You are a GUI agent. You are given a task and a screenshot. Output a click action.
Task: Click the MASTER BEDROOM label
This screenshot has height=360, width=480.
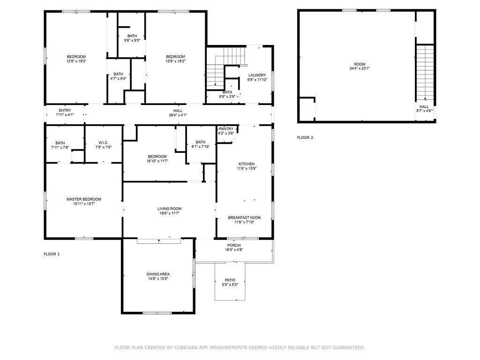84,199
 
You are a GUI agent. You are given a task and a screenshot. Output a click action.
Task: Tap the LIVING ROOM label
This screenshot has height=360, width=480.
169,209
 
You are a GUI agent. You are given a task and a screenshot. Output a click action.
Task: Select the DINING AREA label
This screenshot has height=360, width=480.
158,274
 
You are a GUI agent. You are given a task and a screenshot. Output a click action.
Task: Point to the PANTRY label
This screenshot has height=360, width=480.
226,129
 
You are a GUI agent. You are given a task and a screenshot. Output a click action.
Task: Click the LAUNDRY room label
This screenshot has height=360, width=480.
257,75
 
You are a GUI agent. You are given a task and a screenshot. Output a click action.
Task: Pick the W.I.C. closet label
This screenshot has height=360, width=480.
104,142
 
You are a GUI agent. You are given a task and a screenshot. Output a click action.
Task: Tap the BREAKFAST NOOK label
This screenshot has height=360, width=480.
244,217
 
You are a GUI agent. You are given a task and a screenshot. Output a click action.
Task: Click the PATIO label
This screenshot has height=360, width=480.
230,280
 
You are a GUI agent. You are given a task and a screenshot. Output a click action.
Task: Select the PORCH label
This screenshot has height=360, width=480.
234,245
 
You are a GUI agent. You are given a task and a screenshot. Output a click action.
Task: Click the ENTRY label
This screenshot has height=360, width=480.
65,110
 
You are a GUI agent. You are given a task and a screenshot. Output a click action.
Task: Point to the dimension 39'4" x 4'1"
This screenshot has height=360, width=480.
178,115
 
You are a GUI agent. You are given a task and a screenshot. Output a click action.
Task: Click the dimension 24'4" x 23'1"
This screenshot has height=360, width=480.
360,68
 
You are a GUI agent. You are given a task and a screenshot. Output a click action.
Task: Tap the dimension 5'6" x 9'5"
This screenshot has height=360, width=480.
132,40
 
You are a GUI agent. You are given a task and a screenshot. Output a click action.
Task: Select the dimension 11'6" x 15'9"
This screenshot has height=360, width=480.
247,168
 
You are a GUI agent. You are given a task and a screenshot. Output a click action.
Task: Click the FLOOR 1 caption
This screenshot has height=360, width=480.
52,254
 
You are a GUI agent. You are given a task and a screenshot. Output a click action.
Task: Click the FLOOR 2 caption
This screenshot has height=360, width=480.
305,138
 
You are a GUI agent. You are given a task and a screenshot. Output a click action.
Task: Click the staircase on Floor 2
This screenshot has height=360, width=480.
425,73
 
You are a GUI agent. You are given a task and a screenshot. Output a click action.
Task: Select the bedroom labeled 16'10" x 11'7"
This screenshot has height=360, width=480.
157,158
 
